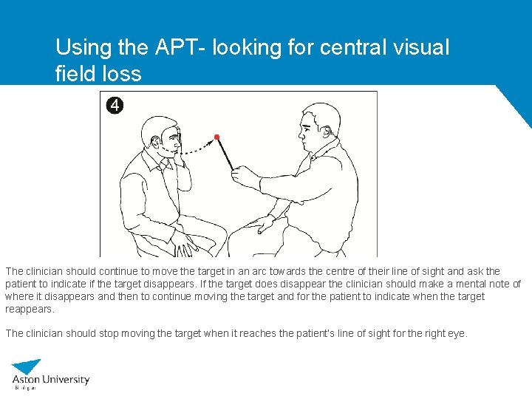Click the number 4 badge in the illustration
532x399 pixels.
(115, 105)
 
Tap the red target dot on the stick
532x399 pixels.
(216, 137)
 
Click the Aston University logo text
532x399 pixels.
(51, 380)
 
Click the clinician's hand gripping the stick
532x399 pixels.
(241, 175)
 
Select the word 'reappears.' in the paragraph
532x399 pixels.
(30, 309)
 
